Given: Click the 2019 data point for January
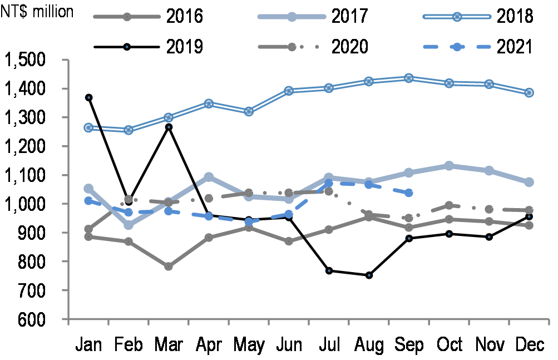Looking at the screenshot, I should pyautogui.click(x=88, y=98).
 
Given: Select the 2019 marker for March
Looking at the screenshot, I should pyautogui.click(x=169, y=127).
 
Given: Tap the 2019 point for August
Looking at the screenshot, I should pyautogui.click(x=369, y=275).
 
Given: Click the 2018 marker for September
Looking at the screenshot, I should pyautogui.click(x=409, y=78).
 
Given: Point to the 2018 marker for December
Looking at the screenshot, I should pyautogui.click(x=529, y=92).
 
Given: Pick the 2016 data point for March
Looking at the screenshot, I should pyautogui.click(x=169, y=267).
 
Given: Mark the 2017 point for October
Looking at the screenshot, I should pyautogui.click(x=449, y=166).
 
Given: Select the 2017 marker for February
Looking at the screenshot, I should pyautogui.click(x=129, y=225).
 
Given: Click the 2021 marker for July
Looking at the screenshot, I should pyautogui.click(x=329, y=183).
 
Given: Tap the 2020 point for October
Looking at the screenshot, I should pyautogui.click(x=449, y=205).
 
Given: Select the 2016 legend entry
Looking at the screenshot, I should pyautogui.click(x=147, y=16).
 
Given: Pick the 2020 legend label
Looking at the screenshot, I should pyautogui.click(x=350, y=46).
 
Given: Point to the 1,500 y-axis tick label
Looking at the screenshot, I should pyautogui.click(x=32, y=60).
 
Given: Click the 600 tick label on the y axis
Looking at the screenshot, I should pyautogui.click(x=45, y=319).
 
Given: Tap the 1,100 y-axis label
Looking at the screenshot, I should pyautogui.click(x=32, y=175).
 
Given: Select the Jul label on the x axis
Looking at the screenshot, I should pyautogui.click(x=329, y=346).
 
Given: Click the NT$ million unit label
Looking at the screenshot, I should pyautogui.click(x=38, y=11).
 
